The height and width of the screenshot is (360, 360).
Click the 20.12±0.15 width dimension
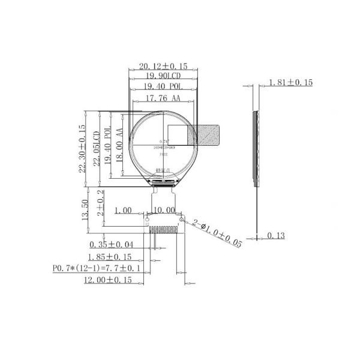[x=163, y=66]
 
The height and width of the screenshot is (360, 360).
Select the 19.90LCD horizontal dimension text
[x=163, y=76]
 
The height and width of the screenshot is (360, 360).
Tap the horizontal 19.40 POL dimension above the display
[x=163, y=87]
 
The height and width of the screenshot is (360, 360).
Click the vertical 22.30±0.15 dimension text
[x=82, y=149]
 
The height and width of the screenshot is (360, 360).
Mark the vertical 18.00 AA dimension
[x=119, y=145]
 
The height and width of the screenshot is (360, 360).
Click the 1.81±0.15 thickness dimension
[x=290, y=83]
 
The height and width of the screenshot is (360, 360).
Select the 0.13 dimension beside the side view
[x=276, y=236]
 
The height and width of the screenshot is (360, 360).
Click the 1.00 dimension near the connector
[x=123, y=211]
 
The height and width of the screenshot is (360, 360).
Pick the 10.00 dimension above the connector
[x=164, y=211]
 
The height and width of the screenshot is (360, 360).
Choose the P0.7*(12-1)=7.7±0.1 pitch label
[x=97, y=268]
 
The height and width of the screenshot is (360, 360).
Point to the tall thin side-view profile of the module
[x=257, y=148]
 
